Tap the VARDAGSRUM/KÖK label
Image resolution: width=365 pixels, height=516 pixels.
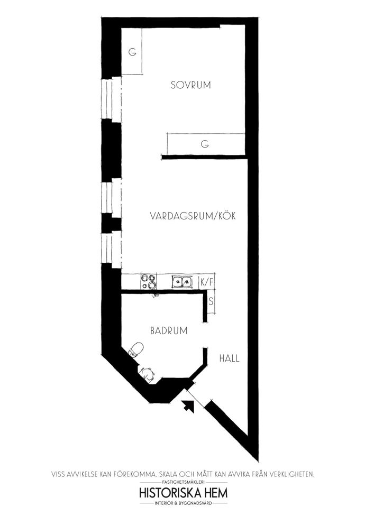[193, 216]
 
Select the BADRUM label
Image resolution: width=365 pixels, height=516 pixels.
[169, 330]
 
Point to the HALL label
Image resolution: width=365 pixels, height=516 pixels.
[230, 358]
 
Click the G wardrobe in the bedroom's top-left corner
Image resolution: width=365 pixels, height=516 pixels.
[132, 52]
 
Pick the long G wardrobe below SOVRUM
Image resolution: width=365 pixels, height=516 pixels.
[206, 144]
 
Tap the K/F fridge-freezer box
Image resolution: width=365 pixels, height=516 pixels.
[207, 282]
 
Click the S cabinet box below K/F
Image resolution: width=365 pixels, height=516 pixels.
[211, 301]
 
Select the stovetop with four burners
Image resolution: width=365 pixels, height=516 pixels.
[149, 282]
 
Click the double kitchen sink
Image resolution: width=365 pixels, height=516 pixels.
[181, 282]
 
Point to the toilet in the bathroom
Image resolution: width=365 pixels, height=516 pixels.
[136, 349]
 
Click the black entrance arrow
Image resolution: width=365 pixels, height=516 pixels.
[188, 406]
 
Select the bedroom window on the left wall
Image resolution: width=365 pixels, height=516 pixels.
[112, 99]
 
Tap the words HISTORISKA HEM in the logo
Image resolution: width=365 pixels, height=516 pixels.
[184, 493]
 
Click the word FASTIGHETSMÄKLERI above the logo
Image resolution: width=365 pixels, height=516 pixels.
[184, 482]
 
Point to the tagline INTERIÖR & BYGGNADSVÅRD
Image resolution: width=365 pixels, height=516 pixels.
[184, 503]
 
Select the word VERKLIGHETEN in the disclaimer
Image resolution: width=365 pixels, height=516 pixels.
[292, 474]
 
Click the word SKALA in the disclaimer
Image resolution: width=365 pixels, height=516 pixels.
[168, 474]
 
